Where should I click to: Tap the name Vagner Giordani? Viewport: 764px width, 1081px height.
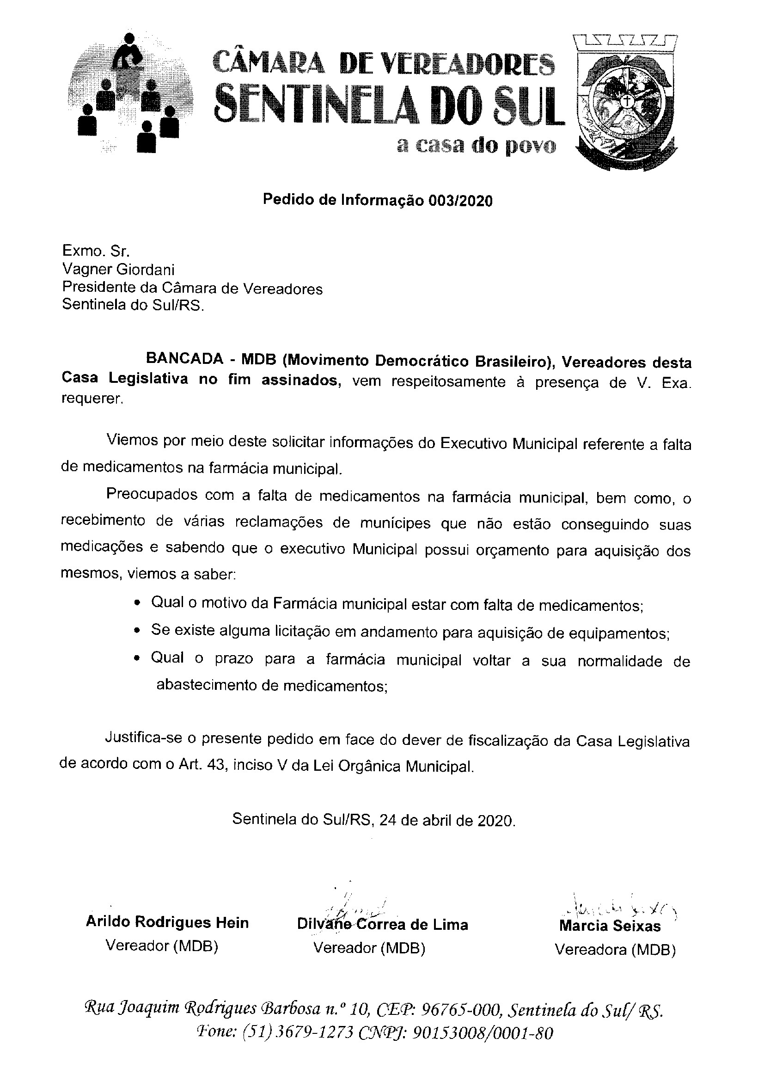[118, 270]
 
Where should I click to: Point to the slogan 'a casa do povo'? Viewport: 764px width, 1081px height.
[476, 147]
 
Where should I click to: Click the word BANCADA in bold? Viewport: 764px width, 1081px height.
[184, 359]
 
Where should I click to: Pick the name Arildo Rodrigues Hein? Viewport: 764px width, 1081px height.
[167, 922]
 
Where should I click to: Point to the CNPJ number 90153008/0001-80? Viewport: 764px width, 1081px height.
[483, 1032]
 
